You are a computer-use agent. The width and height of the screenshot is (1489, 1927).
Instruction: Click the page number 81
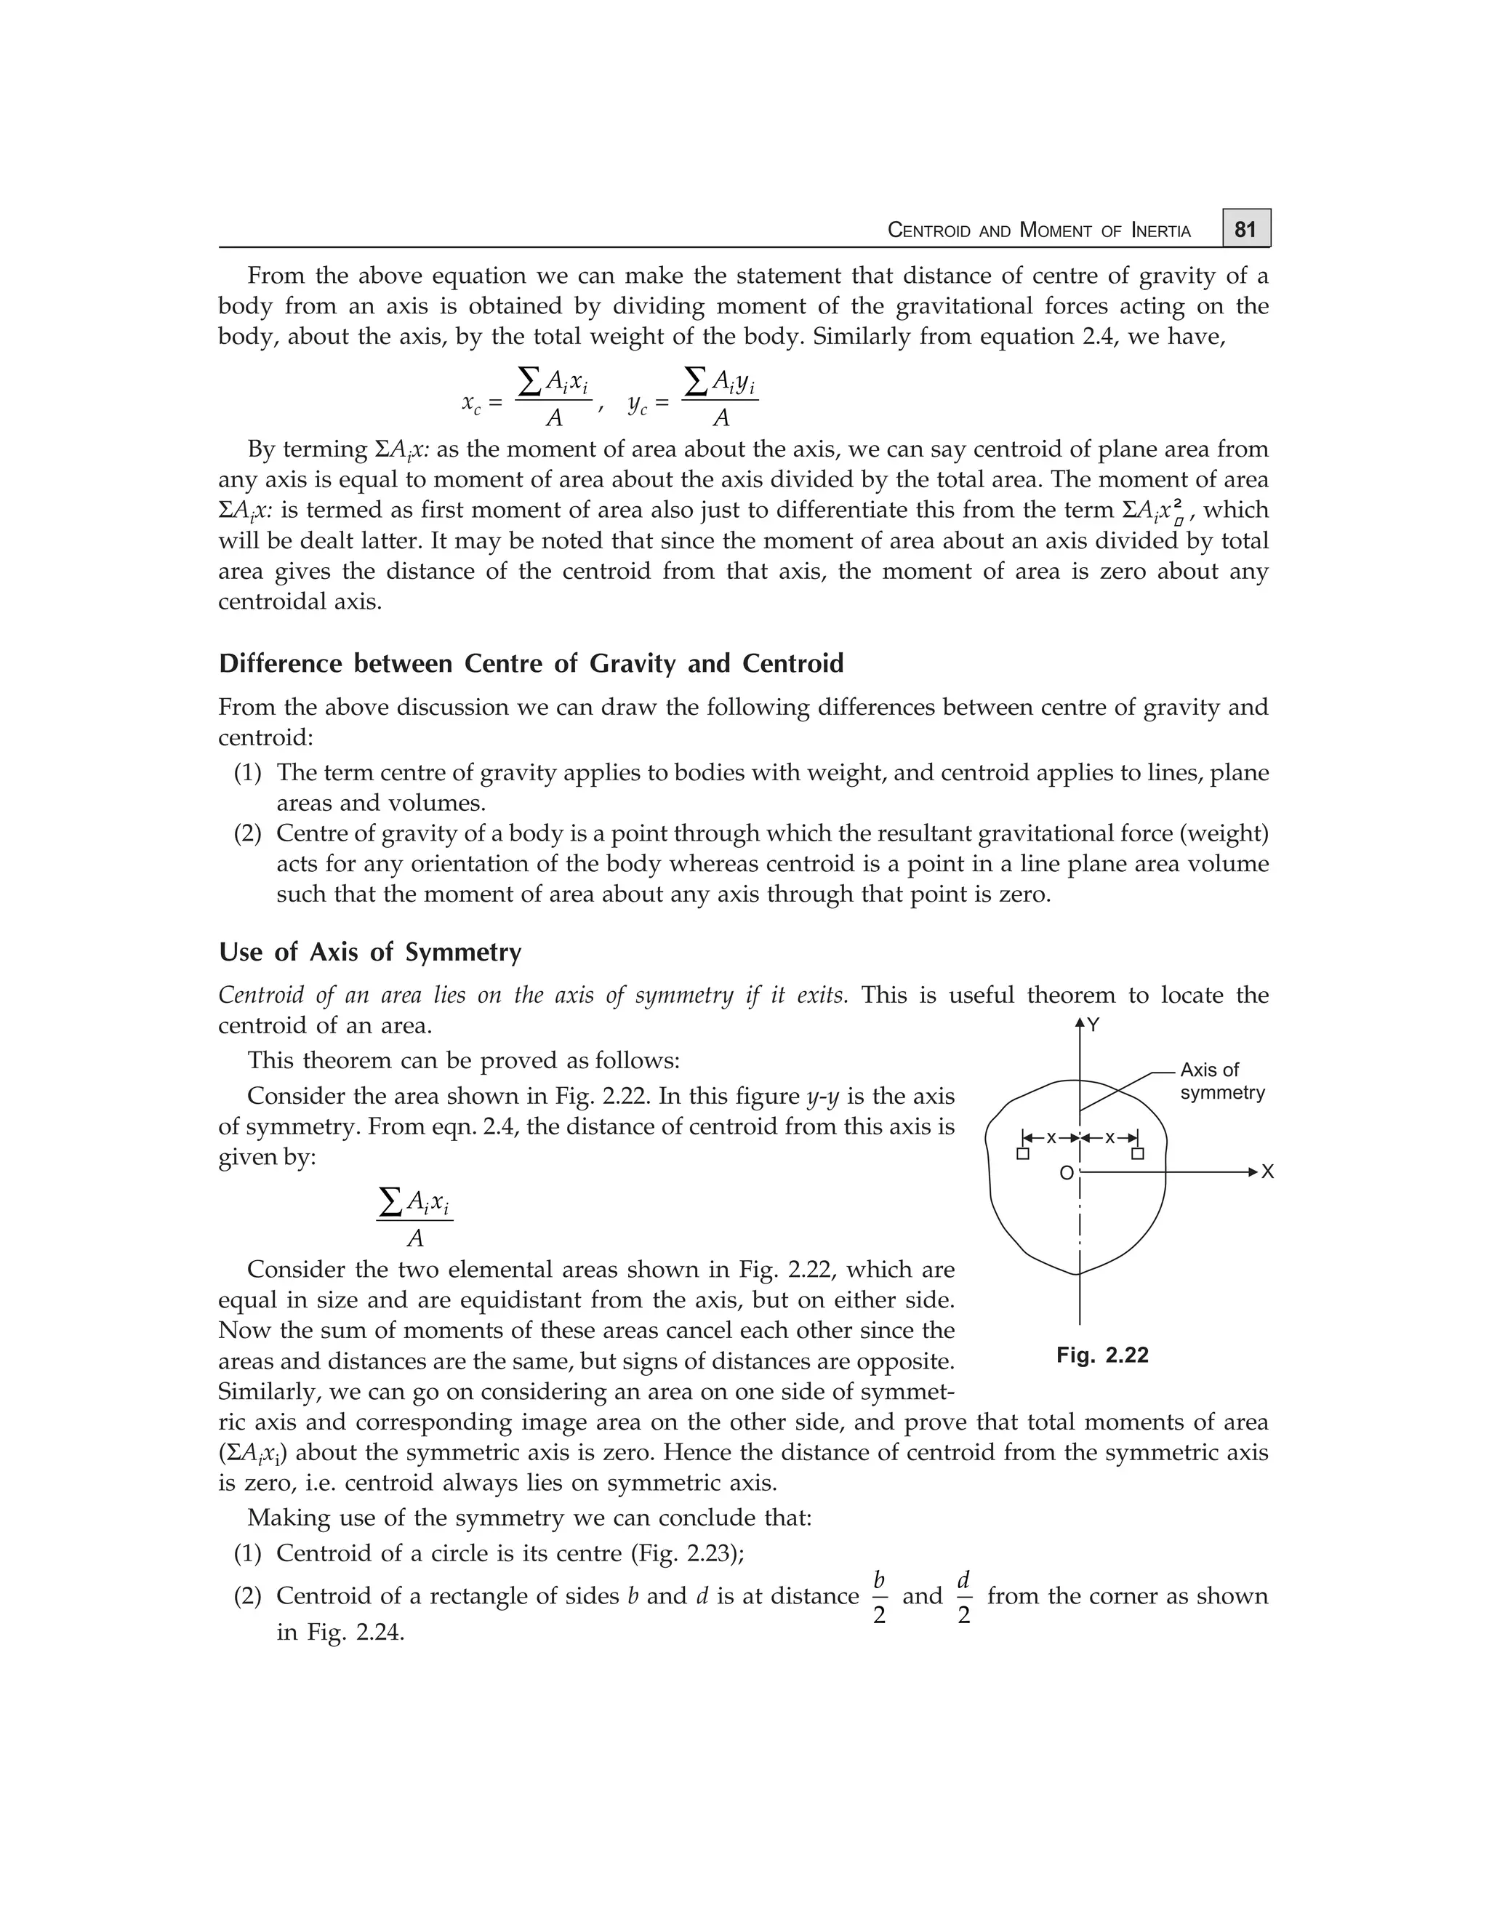pyautogui.click(x=1245, y=229)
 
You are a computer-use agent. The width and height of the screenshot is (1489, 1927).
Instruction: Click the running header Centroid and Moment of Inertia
pyautogui.click(x=1038, y=231)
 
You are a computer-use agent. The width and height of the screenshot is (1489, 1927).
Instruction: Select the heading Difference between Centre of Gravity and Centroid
pyautogui.click(x=531, y=662)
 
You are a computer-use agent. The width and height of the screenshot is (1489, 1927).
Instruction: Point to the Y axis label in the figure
pyautogui.click(x=1093, y=1025)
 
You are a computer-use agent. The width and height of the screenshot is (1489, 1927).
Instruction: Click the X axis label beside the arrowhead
pyautogui.click(x=1267, y=1171)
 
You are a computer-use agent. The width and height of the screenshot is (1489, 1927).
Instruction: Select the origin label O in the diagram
pyautogui.click(x=1066, y=1174)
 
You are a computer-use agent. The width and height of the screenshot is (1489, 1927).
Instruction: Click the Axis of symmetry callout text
pyautogui.click(x=1221, y=1081)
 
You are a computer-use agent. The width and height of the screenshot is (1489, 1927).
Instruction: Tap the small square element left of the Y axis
pyautogui.click(x=1022, y=1154)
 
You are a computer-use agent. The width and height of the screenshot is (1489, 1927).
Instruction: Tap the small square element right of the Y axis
pyautogui.click(x=1138, y=1154)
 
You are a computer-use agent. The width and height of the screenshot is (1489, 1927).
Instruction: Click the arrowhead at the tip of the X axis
pyautogui.click(x=1253, y=1171)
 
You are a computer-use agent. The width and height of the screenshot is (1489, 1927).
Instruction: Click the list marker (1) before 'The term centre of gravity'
pyautogui.click(x=247, y=773)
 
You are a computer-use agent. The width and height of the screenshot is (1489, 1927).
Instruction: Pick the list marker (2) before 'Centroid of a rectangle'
pyautogui.click(x=247, y=1595)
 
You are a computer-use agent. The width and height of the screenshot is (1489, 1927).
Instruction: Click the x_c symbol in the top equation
pyautogui.click(x=472, y=404)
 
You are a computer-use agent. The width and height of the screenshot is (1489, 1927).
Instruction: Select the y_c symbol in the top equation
pyautogui.click(x=638, y=404)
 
